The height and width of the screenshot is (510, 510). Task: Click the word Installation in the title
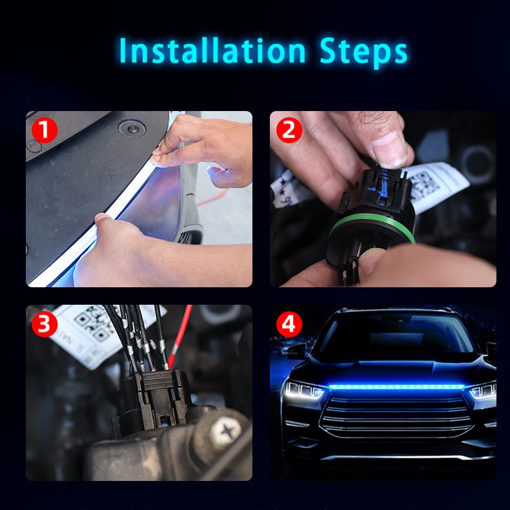pos(212,50)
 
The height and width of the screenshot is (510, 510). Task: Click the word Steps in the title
pos(363,52)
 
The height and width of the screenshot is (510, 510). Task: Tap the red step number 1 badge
pos(45,130)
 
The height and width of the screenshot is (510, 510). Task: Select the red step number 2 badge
pos(289,130)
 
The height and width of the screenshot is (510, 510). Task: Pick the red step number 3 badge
pos(45,324)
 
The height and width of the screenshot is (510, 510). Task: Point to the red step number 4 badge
pos(289,324)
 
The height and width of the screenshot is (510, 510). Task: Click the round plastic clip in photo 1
pos(132,128)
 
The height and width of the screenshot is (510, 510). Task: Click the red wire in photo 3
pos(179,335)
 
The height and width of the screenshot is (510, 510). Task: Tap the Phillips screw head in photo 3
pos(227,432)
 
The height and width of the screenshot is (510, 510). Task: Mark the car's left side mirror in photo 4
pos(295,351)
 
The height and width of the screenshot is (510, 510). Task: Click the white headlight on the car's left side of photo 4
pos(305,391)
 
